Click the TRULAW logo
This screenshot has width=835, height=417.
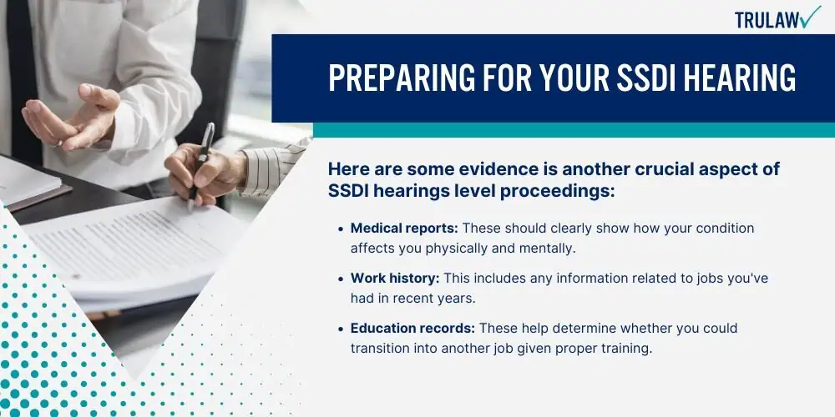777,18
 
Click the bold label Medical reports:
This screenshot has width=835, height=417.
404,229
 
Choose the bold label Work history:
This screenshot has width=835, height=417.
395,279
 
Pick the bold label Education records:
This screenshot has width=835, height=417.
412,328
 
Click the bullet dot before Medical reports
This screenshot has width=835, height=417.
341,229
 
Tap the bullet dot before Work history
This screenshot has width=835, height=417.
341,279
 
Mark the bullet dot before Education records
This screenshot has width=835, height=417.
341,329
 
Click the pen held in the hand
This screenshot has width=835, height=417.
200,166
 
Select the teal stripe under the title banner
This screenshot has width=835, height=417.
574,130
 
